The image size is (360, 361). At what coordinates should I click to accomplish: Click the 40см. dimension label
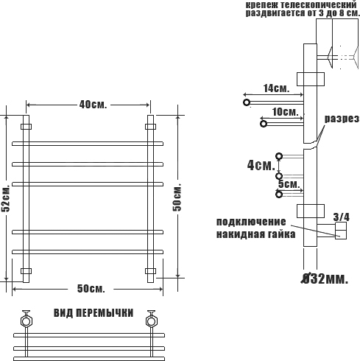tap(93, 105)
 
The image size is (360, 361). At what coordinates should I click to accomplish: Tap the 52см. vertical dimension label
tap(5, 198)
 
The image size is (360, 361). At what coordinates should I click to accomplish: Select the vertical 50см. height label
tap(177, 197)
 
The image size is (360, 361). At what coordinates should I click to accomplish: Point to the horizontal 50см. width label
tap(91, 289)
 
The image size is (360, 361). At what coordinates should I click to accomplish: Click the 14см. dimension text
tap(276, 88)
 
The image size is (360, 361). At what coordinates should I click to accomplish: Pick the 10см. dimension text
tap(286, 112)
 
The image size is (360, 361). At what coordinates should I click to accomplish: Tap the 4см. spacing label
tap(261, 165)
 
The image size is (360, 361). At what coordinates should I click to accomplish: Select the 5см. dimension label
tap(289, 184)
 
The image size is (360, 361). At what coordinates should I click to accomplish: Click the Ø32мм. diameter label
tap(325, 278)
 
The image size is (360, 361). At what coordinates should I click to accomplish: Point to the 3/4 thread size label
tap(342, 217)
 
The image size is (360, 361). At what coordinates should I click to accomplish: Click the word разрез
tap(342, 119)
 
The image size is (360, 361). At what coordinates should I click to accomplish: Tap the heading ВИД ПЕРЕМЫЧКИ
tap(93, 313)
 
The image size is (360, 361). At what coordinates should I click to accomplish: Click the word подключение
tap(251, 222)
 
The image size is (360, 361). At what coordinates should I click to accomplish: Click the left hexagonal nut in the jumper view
tap(26, 321)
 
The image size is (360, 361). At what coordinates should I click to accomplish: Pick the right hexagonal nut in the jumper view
tap(151, 321)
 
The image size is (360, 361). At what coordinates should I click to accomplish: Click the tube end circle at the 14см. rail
tap(247, 102)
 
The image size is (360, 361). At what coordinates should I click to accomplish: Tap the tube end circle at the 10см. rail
tap(264, 124)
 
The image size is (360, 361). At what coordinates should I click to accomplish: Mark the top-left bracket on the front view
tap(26, 127)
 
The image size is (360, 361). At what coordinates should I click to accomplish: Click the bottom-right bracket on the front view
tap(150, 271)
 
